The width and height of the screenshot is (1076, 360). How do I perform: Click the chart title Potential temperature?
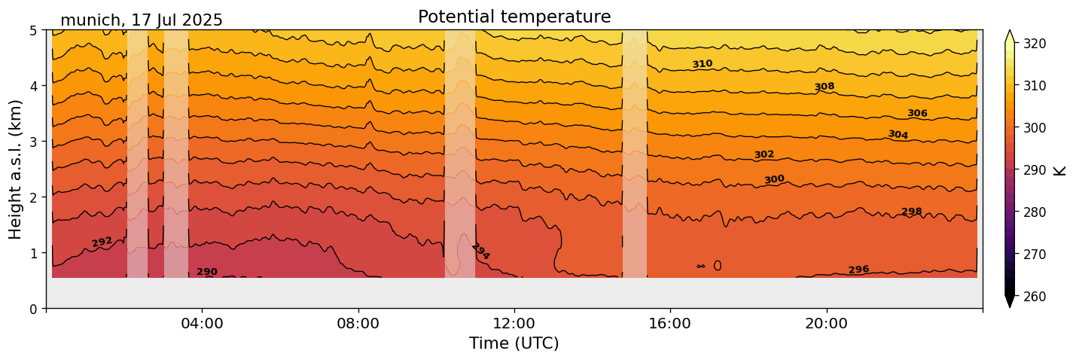tap(514, 17)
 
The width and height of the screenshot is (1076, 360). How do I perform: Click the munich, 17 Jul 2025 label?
tap(142, 20)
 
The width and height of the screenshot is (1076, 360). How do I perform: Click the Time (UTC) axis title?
tap(514, 343)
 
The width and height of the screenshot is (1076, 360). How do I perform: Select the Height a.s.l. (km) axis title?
tap(16, 169)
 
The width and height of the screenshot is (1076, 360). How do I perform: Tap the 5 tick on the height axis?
tap(34, 30)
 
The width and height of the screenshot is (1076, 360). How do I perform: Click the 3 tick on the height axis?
tap(34, 142)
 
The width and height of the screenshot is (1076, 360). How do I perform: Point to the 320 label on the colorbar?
tap(1034, 44)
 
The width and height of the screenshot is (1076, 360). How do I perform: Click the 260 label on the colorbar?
tap(1034, 297)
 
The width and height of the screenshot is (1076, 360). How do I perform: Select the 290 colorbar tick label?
tap(1034, 170)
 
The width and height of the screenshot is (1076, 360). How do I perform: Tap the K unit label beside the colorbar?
tap(1060, 169)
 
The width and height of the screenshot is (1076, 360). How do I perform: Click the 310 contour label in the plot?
tap(703, 65)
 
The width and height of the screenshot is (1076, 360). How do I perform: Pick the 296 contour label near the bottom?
tap(858, 270)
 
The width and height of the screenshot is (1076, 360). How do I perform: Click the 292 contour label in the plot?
tap(102, 242)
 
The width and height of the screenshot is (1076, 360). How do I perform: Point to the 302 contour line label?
tap(764, 154)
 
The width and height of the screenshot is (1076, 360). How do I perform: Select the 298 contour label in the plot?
tap(912, 212)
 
